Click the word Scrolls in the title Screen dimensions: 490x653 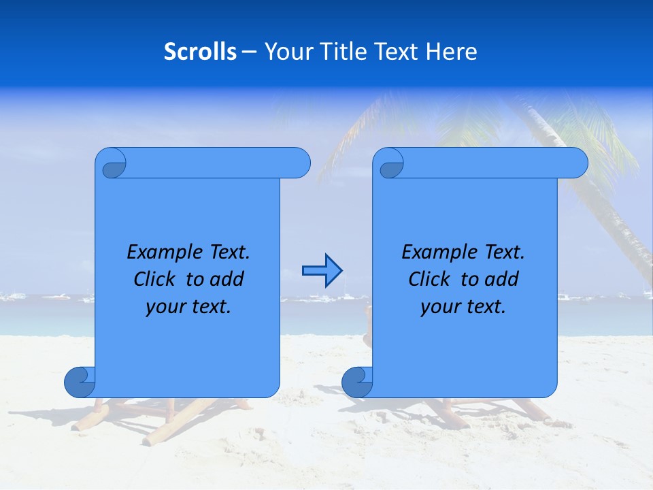click(200, 51)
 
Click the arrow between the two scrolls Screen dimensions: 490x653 click(322, 271)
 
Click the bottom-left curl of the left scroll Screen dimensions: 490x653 click(80, 382)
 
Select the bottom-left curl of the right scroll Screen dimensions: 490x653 click(357, 382)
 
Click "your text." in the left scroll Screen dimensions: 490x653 click(188, 307)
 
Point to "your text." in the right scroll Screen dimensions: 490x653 click(463, 307)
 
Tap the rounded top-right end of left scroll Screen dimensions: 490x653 click(299, 163)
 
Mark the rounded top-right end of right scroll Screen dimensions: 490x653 click(577, 163)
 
